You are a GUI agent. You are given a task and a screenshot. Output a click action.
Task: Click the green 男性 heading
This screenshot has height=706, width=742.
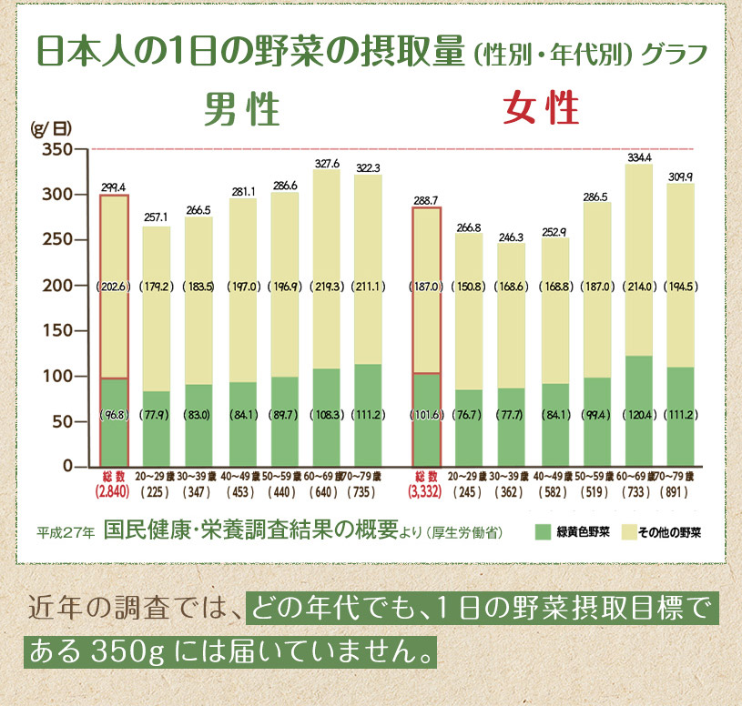[241, 111]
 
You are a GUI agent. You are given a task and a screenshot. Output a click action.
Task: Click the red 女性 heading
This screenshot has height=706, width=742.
[542, 111]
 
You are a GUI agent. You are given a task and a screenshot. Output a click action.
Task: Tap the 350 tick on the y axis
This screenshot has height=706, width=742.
[56, 149]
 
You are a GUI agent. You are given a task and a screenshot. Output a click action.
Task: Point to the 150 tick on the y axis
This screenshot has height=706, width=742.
[56, 331]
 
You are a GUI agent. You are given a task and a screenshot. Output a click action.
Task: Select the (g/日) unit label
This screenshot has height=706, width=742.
[50, 127]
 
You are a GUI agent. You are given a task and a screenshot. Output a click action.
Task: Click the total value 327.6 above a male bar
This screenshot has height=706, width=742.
[327, 164]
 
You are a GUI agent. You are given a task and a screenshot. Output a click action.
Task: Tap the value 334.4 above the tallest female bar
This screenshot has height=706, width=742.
[640, 157]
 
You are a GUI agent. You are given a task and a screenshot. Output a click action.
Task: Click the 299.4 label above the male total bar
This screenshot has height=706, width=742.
[114, 187]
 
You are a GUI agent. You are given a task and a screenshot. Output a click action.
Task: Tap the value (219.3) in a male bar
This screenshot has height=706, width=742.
[327, 286]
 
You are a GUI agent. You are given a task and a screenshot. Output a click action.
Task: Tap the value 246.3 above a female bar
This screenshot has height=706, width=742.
[513, 237]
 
